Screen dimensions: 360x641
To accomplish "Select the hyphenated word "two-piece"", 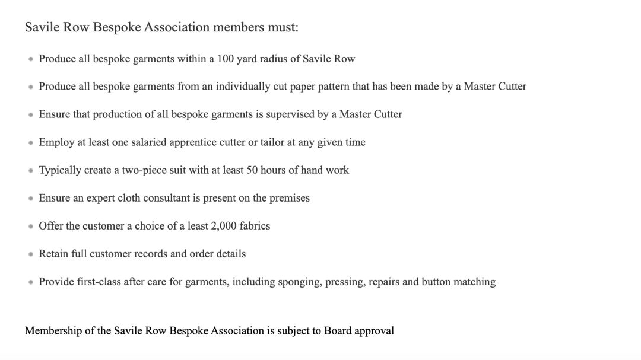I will click(145, 170).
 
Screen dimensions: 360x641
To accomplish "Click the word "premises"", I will click(290, 198).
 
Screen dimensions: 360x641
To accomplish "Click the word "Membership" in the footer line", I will click(53, 331).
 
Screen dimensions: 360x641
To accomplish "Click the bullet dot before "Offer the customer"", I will click(31, 227).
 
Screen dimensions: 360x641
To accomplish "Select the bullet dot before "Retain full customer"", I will click(31, 254).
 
